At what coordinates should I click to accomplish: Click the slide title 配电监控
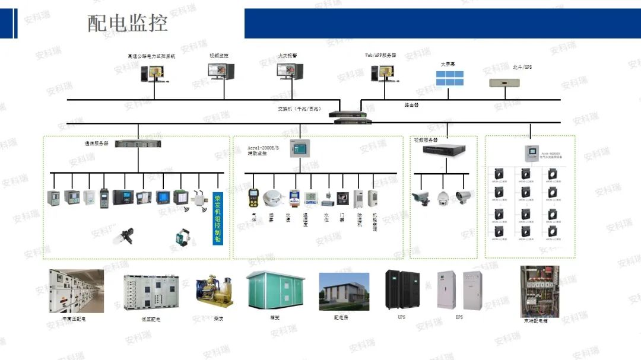click(x=128, y=23)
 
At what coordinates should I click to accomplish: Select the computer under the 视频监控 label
click(x=221, y=72)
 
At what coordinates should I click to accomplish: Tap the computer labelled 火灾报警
click(x=290, y=72)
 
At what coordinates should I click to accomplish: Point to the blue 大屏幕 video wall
click(x=449, y=78)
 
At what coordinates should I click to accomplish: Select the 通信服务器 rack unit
click(x=138, y=144)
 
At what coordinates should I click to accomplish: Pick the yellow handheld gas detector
click(x=254, y=197)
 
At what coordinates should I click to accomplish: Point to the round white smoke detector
click(x=273, y=197)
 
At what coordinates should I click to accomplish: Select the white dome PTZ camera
click(x=443, y=197)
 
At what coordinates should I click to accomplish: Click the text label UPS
click(x=402, y=317)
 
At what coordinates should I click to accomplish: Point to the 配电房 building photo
click(x=344, y=292)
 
